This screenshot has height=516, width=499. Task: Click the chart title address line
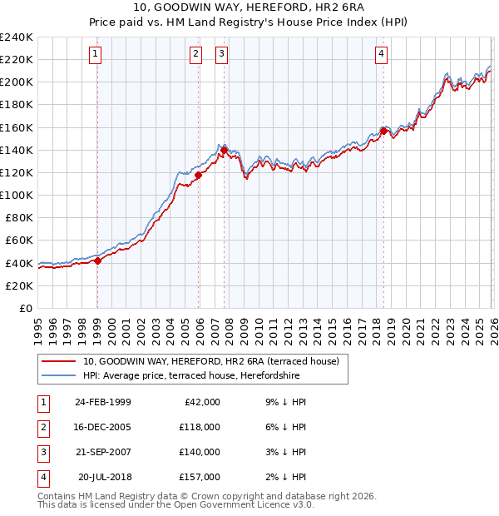(249, 9)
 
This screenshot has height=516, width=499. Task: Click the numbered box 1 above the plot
(96, 55)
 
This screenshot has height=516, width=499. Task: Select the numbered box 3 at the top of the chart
(222, 55)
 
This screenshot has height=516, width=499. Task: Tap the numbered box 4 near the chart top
(381, 55)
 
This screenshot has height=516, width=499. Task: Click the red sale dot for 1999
(97, 260)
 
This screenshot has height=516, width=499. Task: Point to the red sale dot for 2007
(224, 150)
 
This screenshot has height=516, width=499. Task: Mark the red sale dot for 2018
(383, 131)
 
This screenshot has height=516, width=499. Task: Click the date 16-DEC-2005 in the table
(102, 427)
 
